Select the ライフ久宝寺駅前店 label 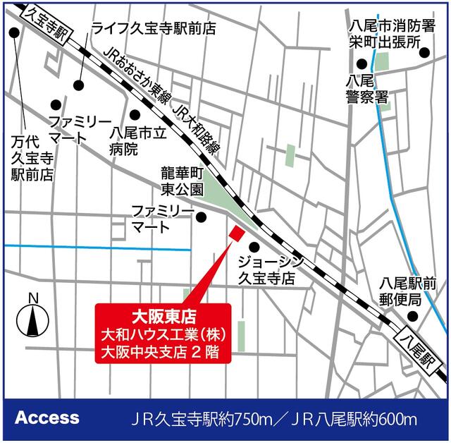pos(154,28)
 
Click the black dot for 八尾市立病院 pos(135,114)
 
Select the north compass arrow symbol pos(32,315)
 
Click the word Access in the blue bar pos(47,417)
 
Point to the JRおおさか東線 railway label pos(138,78)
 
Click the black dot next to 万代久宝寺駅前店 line pos(13,32)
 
